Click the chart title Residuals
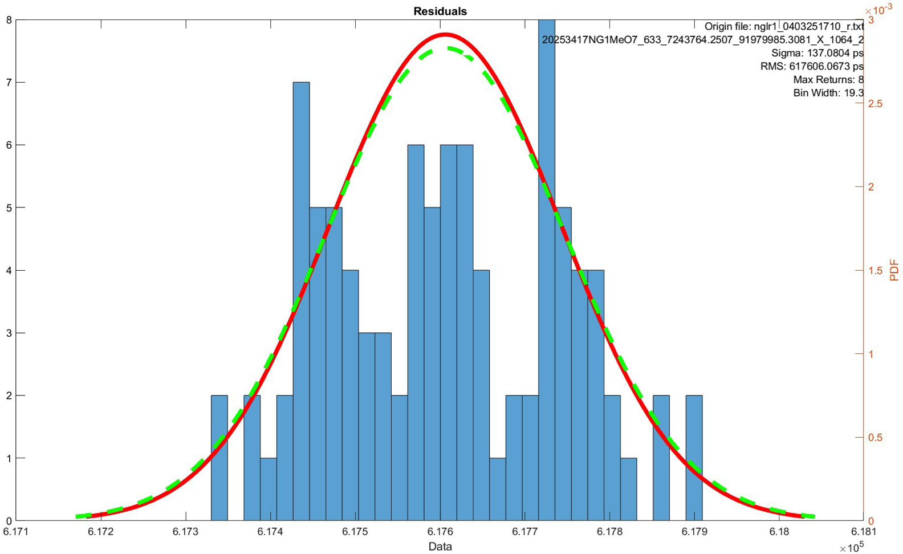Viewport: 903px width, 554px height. point(440,11)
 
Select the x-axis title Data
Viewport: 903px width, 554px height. point(440,547)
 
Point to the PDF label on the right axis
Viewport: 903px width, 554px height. point(894,270)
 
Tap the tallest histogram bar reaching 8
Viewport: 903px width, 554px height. point(546,268)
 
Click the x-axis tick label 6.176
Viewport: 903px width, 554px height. point(440,532)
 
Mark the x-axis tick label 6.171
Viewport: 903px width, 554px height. point(15,532)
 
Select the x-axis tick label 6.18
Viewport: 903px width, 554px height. point(779,532)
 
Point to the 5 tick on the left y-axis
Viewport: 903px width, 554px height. point(8,207)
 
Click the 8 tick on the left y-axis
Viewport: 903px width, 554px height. point(8,20)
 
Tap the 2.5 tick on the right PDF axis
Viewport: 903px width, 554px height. point(874,104)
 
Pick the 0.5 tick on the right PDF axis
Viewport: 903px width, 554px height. point(874,437)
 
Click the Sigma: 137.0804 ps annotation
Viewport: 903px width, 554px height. point(817,53)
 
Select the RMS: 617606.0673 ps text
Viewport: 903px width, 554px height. point(812,66)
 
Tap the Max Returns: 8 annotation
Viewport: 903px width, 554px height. point(828,80)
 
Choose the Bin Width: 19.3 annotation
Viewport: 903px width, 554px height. point(828,93)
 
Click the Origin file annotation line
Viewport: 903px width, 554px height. point(784,27)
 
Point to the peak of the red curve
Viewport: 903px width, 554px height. point(446,35)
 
